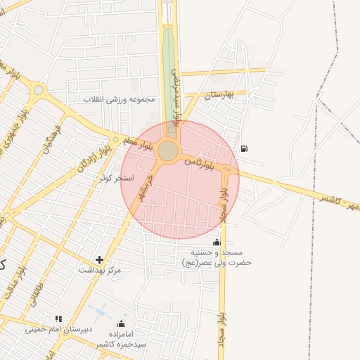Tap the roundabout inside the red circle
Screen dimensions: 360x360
[x=167, y=150]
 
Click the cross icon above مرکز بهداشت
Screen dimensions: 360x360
[x=99, y=259]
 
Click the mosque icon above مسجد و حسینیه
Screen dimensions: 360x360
[x=216, y=242]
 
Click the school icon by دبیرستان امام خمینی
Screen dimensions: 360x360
[x=58, y=319]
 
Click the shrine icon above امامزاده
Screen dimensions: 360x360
[x=121, y=324]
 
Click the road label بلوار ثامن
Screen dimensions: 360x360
[x=199, y=162]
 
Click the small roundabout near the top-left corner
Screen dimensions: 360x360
[x=37, y=90]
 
